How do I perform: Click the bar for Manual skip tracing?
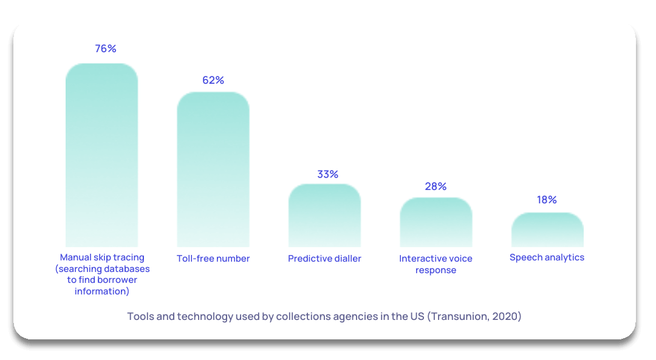(101, 155)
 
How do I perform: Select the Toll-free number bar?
(213, 169)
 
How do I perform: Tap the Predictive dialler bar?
(324, 215)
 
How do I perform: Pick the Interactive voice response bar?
(436, 222)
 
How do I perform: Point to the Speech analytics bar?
(547, 229)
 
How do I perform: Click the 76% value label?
(106, 49)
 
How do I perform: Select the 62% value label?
(213, 80)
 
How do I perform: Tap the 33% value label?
(327, 174)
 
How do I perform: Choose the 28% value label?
(436, 186)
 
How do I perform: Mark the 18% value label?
(547, 200)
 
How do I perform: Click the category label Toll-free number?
(213, 259)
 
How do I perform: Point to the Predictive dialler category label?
(324, 259)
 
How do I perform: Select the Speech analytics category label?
(547, 257)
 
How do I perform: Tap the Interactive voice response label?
(436, 264)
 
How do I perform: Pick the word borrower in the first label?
(117, 280)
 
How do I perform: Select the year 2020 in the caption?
(506, 316)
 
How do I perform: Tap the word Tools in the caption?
(140, 316)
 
